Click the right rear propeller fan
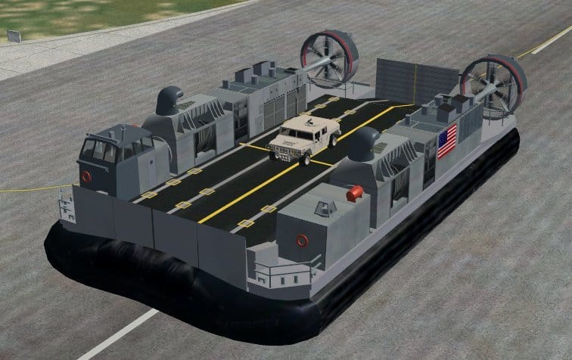pyautogui.click(x=493, y=85)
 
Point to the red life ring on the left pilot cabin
pyautogui.click(x=86, y=176)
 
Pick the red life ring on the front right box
pyautogui.click(x=303, y=241)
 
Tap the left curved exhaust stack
pyautogui.click(x=170, y=98)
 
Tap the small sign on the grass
pyautogui.click(x=14, y=36)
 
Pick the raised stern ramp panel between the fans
pyautogui.click(x=416, y=80)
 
